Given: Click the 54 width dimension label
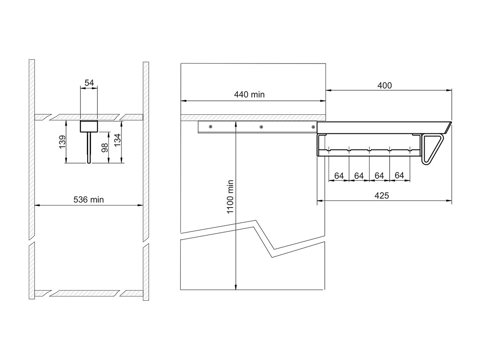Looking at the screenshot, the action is tap(89, 83).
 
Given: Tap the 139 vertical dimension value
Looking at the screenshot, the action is tap(62, 142).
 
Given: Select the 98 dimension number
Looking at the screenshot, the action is tap(105, 148).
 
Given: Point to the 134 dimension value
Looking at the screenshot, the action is tap(117, 140).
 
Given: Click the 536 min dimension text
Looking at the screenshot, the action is tap(88, 200).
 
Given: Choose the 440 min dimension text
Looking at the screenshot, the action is tap(249, 94).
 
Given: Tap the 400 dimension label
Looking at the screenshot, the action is tap(384, 86).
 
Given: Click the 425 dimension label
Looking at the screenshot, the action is tap(381, 196).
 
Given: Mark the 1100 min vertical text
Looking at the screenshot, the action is tap(230, 197).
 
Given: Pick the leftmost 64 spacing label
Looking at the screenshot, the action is tap(339, 176).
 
